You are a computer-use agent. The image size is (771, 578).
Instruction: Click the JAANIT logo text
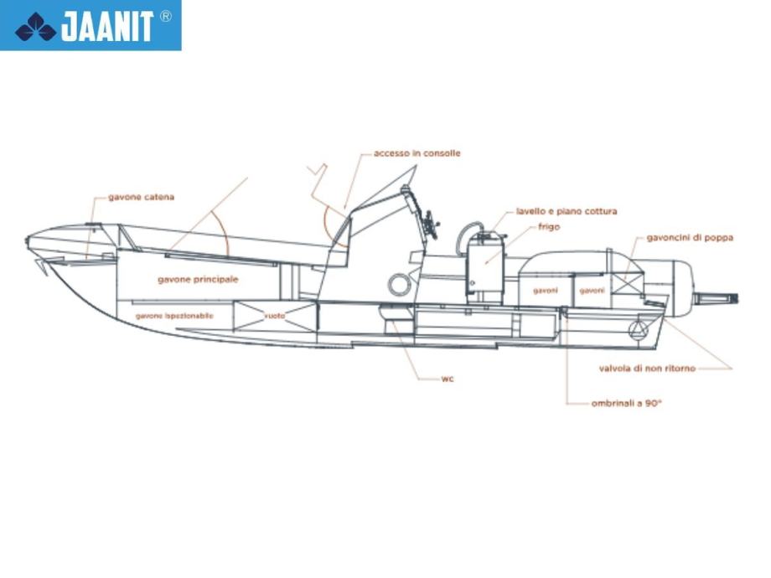106,27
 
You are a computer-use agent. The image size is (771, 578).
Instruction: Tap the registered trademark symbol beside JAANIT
166,16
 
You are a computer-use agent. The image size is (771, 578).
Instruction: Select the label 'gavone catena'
141,198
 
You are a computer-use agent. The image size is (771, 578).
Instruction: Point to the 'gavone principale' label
198,279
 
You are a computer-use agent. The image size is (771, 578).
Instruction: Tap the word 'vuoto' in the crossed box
275,316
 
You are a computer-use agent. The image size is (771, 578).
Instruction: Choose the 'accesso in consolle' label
417,153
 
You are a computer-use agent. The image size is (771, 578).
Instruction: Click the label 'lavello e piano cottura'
567,211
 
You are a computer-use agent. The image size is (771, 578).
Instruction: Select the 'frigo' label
549,226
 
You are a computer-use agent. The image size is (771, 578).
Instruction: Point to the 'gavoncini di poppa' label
690,237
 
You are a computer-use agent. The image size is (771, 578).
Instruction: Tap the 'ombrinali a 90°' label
627,404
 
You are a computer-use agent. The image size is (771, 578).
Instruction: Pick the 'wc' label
448,379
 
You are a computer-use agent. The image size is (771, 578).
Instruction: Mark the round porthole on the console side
399,285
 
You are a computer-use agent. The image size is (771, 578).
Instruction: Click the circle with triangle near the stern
639,329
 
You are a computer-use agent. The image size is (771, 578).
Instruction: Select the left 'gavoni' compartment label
545,291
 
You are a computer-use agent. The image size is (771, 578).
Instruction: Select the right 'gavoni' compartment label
592,291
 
